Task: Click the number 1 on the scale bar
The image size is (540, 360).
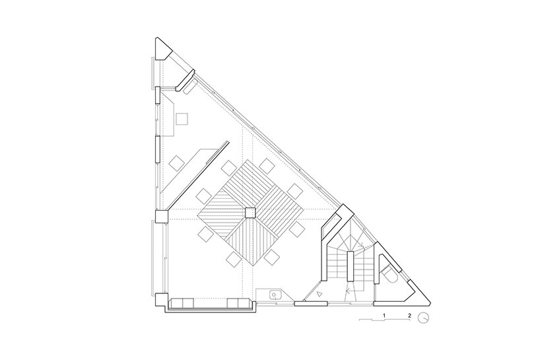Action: (x=384, y=315)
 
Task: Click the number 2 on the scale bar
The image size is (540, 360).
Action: (x=409, y=315)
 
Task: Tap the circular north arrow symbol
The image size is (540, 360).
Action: (x=423, y=318)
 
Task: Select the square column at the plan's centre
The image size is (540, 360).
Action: (x=250, y=213)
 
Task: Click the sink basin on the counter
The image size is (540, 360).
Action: (x=275, y=295)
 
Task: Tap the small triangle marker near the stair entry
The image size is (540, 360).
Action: (x=320, y=294)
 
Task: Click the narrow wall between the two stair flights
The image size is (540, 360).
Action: (x=351, y=266)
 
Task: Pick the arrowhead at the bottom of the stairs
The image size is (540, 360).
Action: (x=349, y=291)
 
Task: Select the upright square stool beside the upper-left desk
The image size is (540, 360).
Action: (x=182, y=118)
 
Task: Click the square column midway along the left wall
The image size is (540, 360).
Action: (x=161, y=217)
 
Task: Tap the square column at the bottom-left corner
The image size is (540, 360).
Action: (x=161, y=299)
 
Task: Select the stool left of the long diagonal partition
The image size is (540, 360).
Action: (x=177, y=162)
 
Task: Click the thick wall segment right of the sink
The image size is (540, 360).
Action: (x=311, y=303)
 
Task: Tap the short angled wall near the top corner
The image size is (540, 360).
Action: (x=186, y=81)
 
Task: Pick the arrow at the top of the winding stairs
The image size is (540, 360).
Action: (x=360, y=244)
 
